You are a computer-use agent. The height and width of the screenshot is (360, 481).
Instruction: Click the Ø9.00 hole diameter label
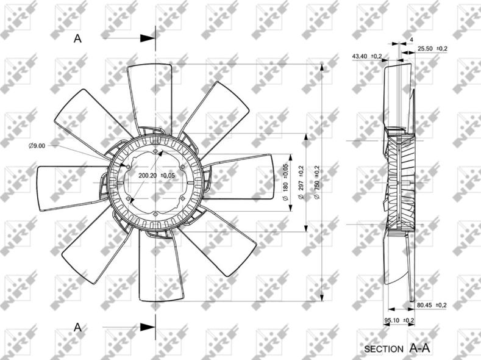(x=37, y=145)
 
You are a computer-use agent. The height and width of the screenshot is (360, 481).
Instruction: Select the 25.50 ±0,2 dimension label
(x=432, y=48)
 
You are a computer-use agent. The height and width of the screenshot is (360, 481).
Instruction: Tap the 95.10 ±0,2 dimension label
(x=399, y=320)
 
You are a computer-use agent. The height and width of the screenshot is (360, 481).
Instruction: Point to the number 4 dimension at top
(x=412, y=40)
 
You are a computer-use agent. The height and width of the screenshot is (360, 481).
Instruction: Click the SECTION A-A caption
(x=397, y=349)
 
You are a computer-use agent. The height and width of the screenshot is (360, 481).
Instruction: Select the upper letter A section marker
(x=77, y=38)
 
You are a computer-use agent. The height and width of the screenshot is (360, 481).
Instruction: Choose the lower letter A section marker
(x=77, y=327)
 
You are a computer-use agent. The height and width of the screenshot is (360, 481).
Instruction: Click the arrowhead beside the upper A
(x=148, y=38)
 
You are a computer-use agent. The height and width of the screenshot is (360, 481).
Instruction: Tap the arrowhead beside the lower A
(x=148, y=327)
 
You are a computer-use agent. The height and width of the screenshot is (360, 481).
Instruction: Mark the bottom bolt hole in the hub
(x=157, y=213)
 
